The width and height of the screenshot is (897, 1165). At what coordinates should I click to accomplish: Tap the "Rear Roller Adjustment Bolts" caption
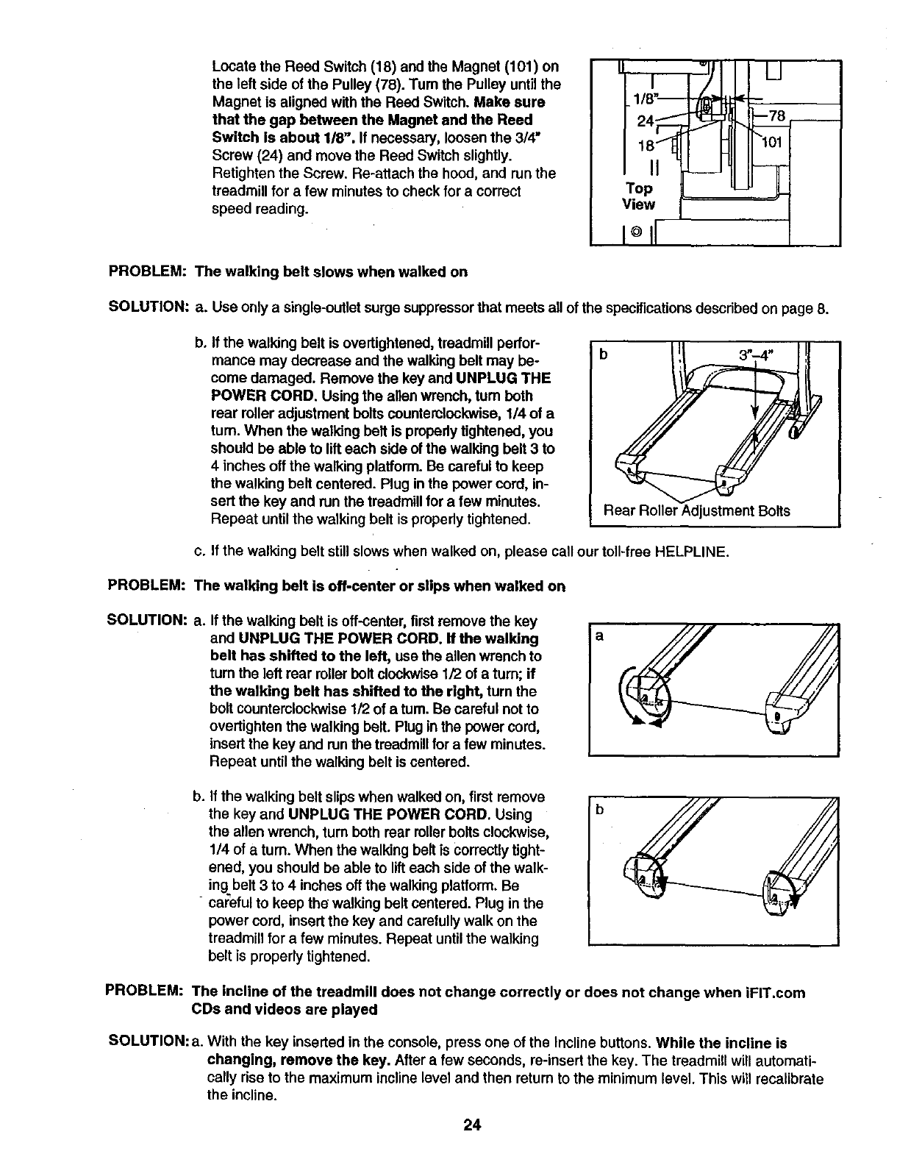click(x=696, y=510)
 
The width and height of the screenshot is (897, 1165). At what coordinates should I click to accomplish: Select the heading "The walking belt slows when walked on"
click(x=330, y=272)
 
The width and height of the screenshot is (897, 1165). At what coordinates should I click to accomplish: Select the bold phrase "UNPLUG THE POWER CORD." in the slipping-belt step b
click(x=389, y=815)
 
